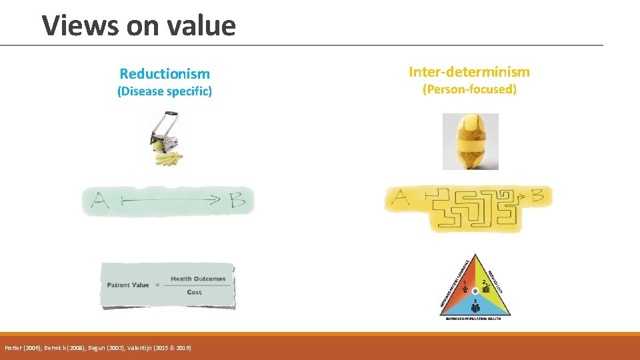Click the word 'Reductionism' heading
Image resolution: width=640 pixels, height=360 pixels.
[x=165, y=73]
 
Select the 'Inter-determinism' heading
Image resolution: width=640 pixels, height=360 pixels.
[x=469, y=71]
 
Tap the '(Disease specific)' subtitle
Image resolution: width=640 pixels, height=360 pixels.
[x=165, y=91]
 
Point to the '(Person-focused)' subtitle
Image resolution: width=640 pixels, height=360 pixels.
[x=469, y=89]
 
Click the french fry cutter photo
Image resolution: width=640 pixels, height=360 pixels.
[x=164, y=139]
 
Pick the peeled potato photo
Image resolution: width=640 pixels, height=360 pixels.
[x=470, y=141]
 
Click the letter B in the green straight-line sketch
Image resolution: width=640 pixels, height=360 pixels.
[x=237, y=200]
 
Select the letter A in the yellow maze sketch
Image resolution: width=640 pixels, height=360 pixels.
[x=401, y=197]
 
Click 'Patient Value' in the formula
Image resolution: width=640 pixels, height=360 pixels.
[x=128, y=285]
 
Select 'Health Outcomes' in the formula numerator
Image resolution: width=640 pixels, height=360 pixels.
[x=198, y=279]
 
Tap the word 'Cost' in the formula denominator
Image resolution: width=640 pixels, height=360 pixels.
[x=195, y=292]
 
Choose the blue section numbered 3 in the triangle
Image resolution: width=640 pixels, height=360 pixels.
[x=475, y=306]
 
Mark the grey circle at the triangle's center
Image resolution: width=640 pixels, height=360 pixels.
[x=475, y=291]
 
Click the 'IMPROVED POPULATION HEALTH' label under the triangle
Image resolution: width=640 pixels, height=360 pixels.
[x=474, y=319]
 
